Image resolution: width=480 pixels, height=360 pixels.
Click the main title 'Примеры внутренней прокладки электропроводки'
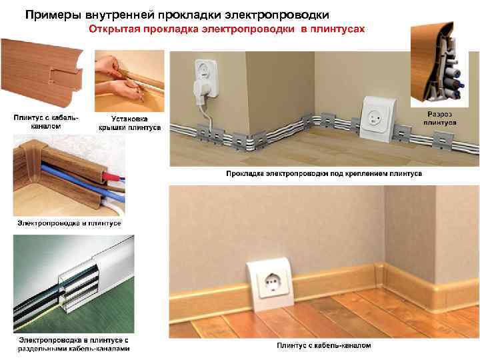click(177, 14)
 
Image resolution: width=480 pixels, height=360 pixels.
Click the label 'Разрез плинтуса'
click(440, 119)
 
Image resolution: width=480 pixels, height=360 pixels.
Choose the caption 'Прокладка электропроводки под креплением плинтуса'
click(323, 173)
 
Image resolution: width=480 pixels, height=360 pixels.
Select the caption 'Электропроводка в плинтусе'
click(69, 222)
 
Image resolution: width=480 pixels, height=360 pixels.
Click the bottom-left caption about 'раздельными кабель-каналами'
click(73, 344)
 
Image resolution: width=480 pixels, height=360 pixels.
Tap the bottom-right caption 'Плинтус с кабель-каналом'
click(324, 345)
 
